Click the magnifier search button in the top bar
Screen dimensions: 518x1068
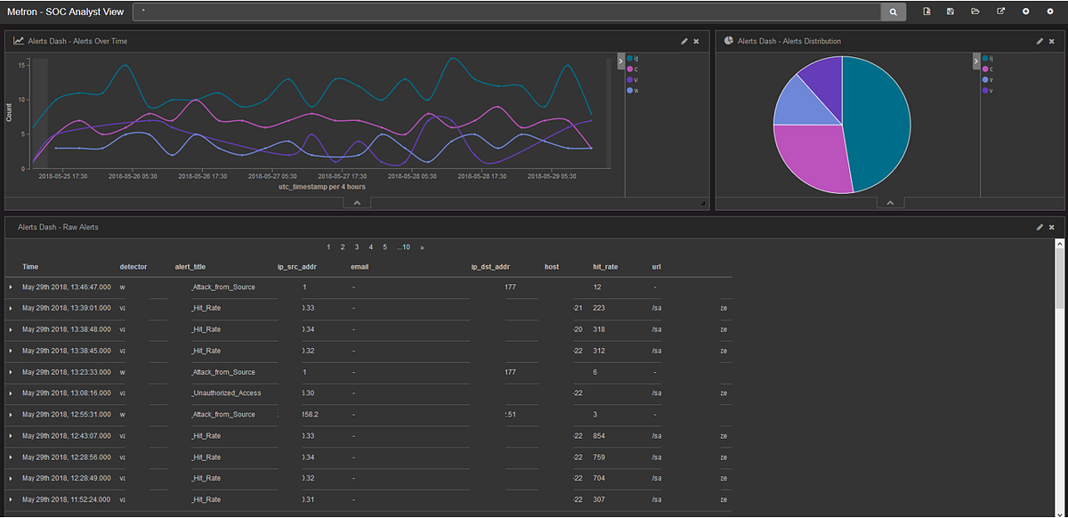click(x=893, y=12)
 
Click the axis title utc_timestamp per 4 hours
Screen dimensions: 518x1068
click(x=321, y=187)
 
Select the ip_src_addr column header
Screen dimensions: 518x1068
click(x=296, y=266)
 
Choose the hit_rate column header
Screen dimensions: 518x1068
click(x=605, y=266)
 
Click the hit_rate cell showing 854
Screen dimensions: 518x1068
click(x=599, y=436)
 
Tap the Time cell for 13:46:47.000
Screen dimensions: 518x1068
click(x=67, y=287)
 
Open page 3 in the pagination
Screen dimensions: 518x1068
click(x=357, y=247)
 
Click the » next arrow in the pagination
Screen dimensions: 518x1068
click(x=422, y=247)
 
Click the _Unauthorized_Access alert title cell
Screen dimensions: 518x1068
click(x=226, y=393)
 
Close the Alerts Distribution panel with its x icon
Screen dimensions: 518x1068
click(x=1051, y=41)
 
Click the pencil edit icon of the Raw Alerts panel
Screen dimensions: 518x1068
click(x=1039, y=227)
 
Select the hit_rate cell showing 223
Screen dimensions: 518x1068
click(x=599, y=308)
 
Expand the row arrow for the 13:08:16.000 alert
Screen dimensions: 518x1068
click(x=11, y=393)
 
